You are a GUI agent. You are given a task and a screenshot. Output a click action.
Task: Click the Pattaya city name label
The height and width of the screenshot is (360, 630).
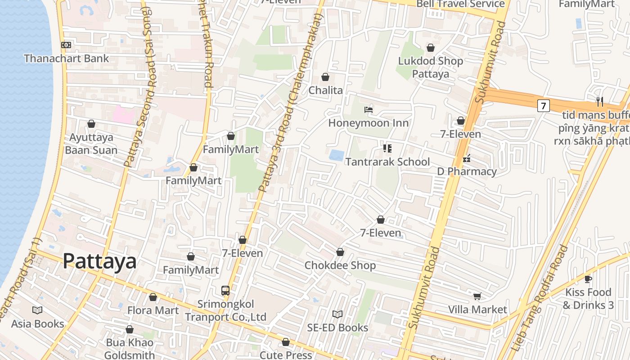[x=99, y=261]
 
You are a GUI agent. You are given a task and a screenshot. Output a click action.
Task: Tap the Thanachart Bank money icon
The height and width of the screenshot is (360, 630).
[x=66, y=45]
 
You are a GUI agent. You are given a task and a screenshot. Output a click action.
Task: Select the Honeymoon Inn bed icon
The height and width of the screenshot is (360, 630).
[x=369, y=109]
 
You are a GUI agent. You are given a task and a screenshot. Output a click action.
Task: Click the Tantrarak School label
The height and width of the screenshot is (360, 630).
[x=387, y=162]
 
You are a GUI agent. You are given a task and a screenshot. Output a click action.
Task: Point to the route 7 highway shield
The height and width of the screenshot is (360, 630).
[x=544, y=106]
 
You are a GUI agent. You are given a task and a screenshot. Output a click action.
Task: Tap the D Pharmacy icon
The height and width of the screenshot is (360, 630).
[x=467, y=158]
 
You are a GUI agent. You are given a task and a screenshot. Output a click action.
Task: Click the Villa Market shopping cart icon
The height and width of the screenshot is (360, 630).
[x=477, y=296]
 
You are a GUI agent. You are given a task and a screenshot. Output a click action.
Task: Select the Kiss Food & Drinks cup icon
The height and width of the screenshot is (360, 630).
[x=588, y=279]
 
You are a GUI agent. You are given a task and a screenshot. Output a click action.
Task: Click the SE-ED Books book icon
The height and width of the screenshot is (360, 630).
[x=337, y=314]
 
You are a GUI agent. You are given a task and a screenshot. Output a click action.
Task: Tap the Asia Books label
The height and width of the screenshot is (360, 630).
[x=38, y=324]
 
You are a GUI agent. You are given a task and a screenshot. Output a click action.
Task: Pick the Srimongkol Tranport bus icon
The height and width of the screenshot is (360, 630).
[x=225, y=291]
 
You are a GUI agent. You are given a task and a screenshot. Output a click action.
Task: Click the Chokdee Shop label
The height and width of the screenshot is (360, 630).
[x=340, y=265]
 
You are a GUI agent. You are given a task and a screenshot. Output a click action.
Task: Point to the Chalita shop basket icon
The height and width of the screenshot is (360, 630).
[x=325, y=77]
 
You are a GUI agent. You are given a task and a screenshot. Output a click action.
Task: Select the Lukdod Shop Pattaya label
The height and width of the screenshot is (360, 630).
[x=431, y=67]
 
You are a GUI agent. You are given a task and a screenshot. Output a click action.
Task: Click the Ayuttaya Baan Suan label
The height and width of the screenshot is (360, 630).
[x=91, y=144]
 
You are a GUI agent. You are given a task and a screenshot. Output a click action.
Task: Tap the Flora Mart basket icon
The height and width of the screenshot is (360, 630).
[x=153, y=297]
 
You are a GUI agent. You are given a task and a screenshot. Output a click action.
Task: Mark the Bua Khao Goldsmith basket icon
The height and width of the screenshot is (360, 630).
[x=130, y=330]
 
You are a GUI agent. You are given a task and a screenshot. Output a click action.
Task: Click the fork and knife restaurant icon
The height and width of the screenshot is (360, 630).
[x=599, y=101]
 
